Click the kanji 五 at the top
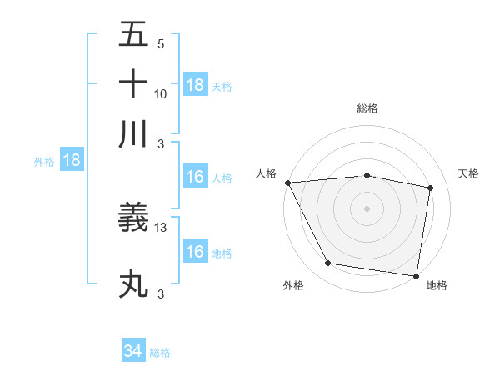tap(133, 35)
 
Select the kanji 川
tap(133, 133)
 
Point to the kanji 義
tap(133, 219)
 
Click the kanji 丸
tap(133, 284)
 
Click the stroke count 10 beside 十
tap(161, 94)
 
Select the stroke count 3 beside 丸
tap(160, 294)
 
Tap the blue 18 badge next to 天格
tap(195, 85)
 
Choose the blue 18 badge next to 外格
tap(72, 160)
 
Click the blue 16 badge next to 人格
tap(195, 177)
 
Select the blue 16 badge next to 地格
tap(195, 252)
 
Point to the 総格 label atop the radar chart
tap(367, 108)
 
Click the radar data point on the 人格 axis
tap(287, 182)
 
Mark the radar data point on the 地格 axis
tap(416, 275)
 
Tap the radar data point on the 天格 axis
tap(431, 188)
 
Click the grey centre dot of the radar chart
tap(367, 208)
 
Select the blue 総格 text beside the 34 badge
tap(160, 353)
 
